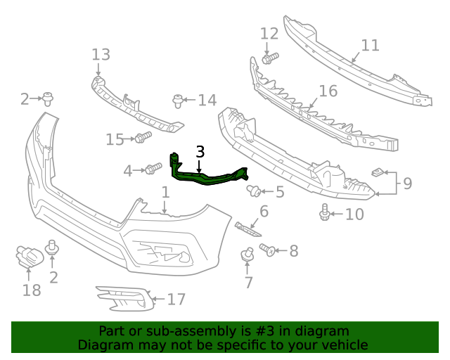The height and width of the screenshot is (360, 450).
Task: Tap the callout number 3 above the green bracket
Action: pos(200,151)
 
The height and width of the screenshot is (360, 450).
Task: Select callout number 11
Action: pos(370,46)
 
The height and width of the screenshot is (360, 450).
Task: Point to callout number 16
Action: pos(328,91)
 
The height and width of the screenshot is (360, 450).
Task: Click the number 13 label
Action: pos(101,54)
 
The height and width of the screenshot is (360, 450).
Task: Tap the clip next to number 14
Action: pos(178,100)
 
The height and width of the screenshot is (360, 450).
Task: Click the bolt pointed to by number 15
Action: pos(143,137)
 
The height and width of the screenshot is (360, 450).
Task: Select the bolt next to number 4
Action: pos(153,169)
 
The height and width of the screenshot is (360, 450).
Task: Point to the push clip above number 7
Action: pos(247,255)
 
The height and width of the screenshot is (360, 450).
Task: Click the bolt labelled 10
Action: pos(325,211)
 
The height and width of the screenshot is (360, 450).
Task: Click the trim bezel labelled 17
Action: pos(124,298)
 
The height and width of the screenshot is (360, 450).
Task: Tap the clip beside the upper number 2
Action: pos(47,98)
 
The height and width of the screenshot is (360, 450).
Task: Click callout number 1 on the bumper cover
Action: pos(165,192)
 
